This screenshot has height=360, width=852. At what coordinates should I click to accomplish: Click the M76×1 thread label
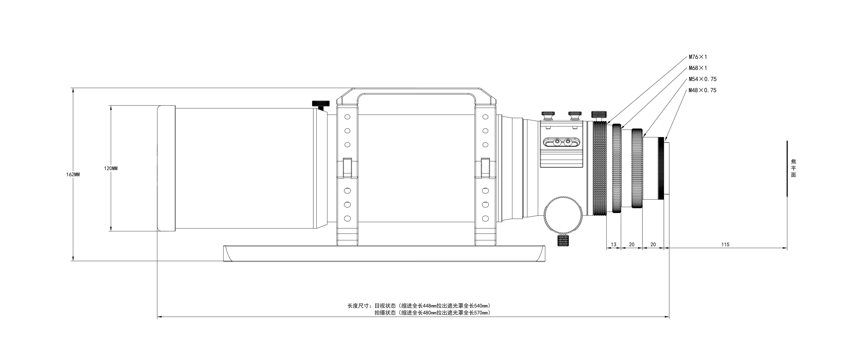coord(698,57)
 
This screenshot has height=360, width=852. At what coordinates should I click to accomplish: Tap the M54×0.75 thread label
coord(703,79)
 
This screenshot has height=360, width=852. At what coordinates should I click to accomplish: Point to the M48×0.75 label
coord(703,90)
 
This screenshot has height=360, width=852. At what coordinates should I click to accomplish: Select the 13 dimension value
coord(614,245)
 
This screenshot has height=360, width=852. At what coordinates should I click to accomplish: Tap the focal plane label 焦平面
coord(793,168)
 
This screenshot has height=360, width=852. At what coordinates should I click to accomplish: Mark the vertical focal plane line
coord(787,169)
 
